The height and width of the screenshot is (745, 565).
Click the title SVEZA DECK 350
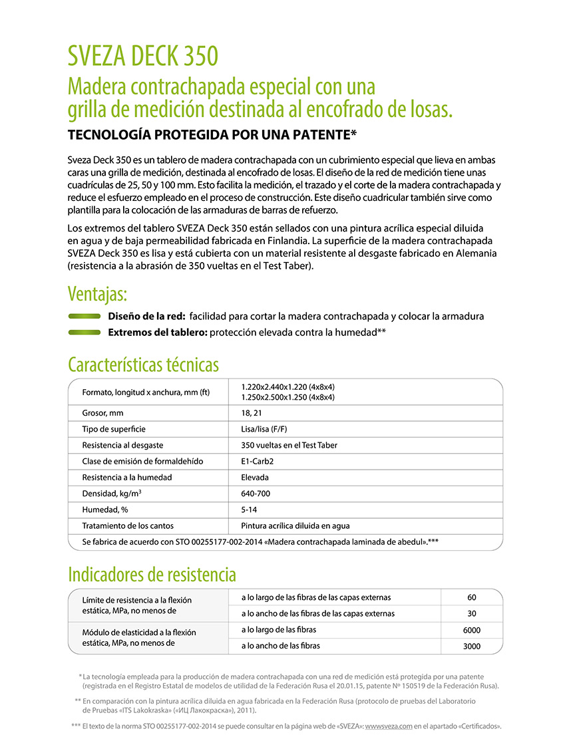click(x=142, y=57)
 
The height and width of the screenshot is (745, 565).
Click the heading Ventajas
click(x=97, y=293)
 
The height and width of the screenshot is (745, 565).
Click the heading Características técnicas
click(x=143, y=365)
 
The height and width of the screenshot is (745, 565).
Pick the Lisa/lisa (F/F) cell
click(x=266, y=429)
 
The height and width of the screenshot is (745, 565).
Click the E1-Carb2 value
click(x=258, y=461)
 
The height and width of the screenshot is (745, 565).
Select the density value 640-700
click(x=256, y=494)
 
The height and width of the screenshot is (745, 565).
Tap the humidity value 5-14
click(x=249, y=510)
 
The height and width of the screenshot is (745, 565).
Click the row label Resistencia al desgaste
click(x=122, y=445)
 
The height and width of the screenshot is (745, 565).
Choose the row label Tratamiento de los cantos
click(x=128, y=525)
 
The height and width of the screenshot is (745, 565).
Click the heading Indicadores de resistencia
click(x=152, y=574)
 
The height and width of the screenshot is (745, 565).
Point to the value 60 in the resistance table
click(x=472, y=597)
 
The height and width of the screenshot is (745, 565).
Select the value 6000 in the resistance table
click(x=472, y=630)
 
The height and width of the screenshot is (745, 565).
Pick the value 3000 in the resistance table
click(x=472, y=646)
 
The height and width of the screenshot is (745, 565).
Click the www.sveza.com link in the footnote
click(x=389, y=726)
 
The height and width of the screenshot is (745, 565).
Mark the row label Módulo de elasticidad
click(x=139, y=632)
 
